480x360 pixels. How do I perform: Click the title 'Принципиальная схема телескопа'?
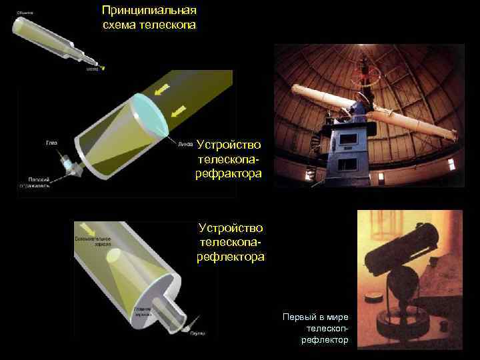tap(149, 18)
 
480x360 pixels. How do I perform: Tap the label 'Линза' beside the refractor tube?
tap(185, 143)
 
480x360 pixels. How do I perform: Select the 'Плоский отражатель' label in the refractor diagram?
tap(41, 182)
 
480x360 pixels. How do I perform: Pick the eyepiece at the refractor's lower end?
tap(69, 165)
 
